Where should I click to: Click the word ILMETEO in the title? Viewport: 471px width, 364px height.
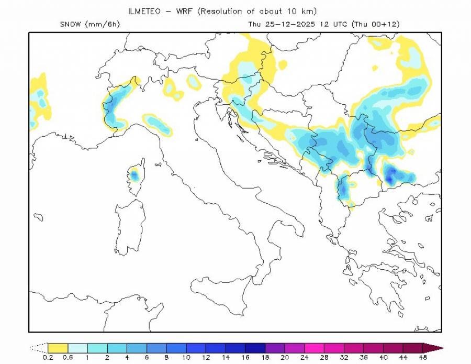point(144,11)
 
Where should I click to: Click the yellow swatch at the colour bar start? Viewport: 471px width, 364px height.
point(58,347)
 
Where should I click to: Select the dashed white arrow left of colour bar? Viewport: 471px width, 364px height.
point(38,347)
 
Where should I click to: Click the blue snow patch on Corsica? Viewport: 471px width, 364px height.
point(134,174)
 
